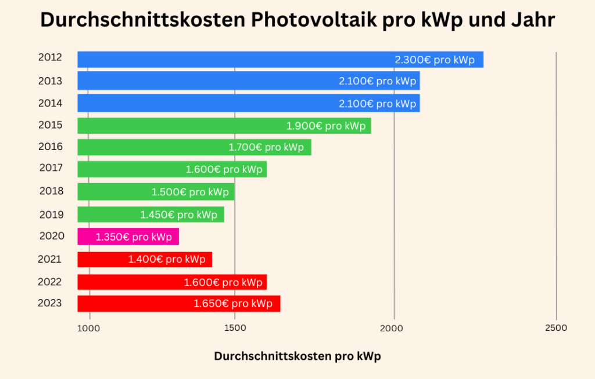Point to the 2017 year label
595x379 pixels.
click(x=51, y=168)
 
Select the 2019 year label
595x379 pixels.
click(x=51, y=214)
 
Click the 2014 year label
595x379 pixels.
click(x=50, y=103)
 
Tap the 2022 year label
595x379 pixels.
click(x=50, y=282)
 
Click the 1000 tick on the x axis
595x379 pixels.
click(x=88, y=328)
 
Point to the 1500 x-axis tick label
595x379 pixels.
click(x=235, y=328)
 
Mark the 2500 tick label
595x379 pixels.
click(x=556, y=328)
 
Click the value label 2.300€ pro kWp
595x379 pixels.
click(x=435, y=60)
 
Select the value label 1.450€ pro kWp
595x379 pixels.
click(x=178, y=214)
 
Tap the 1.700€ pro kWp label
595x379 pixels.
click(x=266, y=147)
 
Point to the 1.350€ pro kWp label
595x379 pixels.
click(x=134, y=237)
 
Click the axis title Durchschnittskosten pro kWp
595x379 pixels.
click(x=297, y=356)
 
